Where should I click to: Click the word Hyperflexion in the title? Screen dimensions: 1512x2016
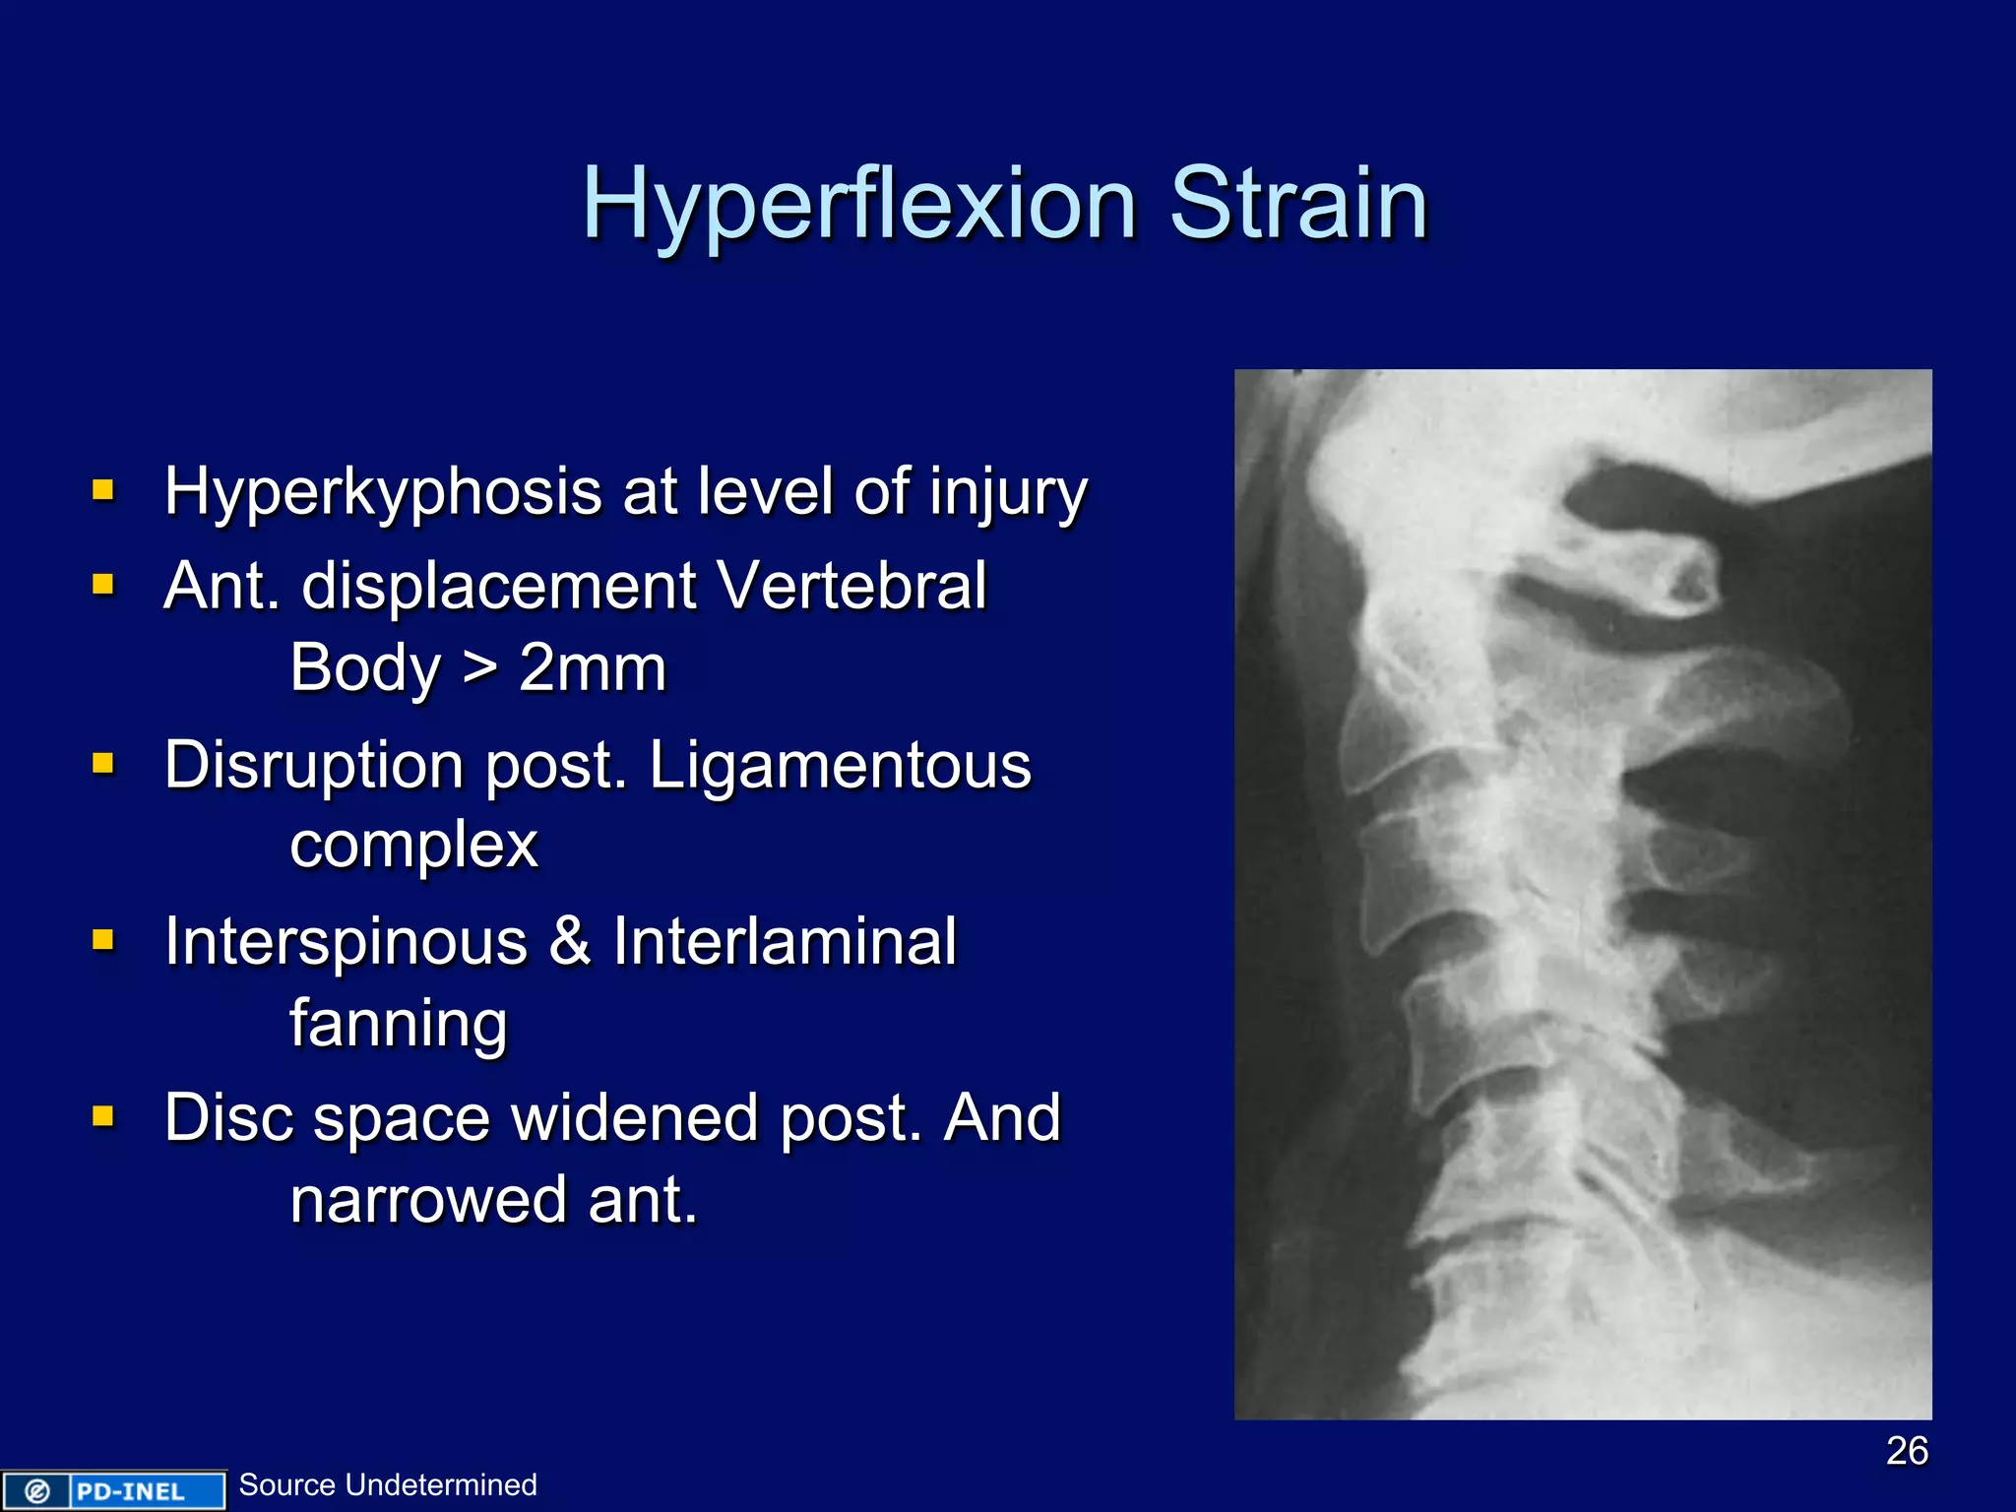coord(858,205)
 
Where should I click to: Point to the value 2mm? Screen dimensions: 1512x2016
coord(593,668)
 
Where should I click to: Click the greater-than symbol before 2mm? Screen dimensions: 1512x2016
coord(479,668)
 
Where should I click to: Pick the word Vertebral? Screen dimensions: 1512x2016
coord(851,587)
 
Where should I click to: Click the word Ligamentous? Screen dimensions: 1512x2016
coord(840,766)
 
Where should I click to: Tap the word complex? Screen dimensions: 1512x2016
coord(413,845)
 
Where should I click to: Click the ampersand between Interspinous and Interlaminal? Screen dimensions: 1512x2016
coord(570,942)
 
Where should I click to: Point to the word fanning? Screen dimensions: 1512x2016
coord(399,1023)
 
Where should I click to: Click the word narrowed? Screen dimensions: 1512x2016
coord(428,1200)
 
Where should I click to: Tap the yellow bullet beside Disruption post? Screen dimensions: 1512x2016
coord(103,764)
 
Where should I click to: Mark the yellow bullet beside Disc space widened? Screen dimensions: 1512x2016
coord(103,1116)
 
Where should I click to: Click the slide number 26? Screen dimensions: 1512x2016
coord(1907,1450)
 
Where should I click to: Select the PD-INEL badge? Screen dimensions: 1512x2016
coord(113,1490)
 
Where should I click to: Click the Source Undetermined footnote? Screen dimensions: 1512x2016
coord(388,1484)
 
